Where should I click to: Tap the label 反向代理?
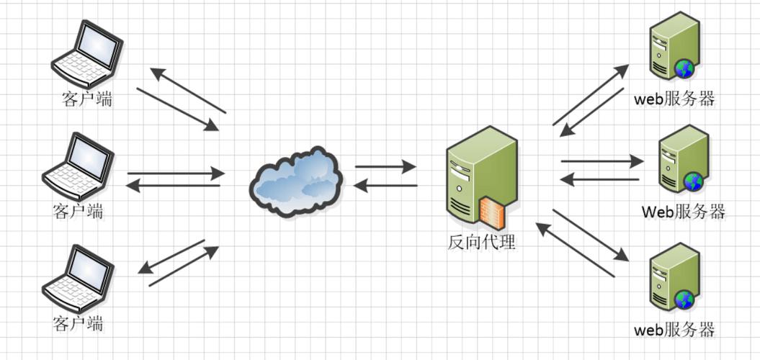tap(481, 241)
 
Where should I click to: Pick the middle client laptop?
tap(78, 168)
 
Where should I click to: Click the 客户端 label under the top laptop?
tap(87, 99)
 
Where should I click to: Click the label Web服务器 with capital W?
tap(683, 212)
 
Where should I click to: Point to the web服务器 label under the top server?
tap(674, 99)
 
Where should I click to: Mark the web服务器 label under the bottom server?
tap(674, 330)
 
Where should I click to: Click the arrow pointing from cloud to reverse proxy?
tap(385, 167)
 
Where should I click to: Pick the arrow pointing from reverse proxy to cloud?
tap(385, 186)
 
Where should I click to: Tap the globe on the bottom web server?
tap(684, 300)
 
